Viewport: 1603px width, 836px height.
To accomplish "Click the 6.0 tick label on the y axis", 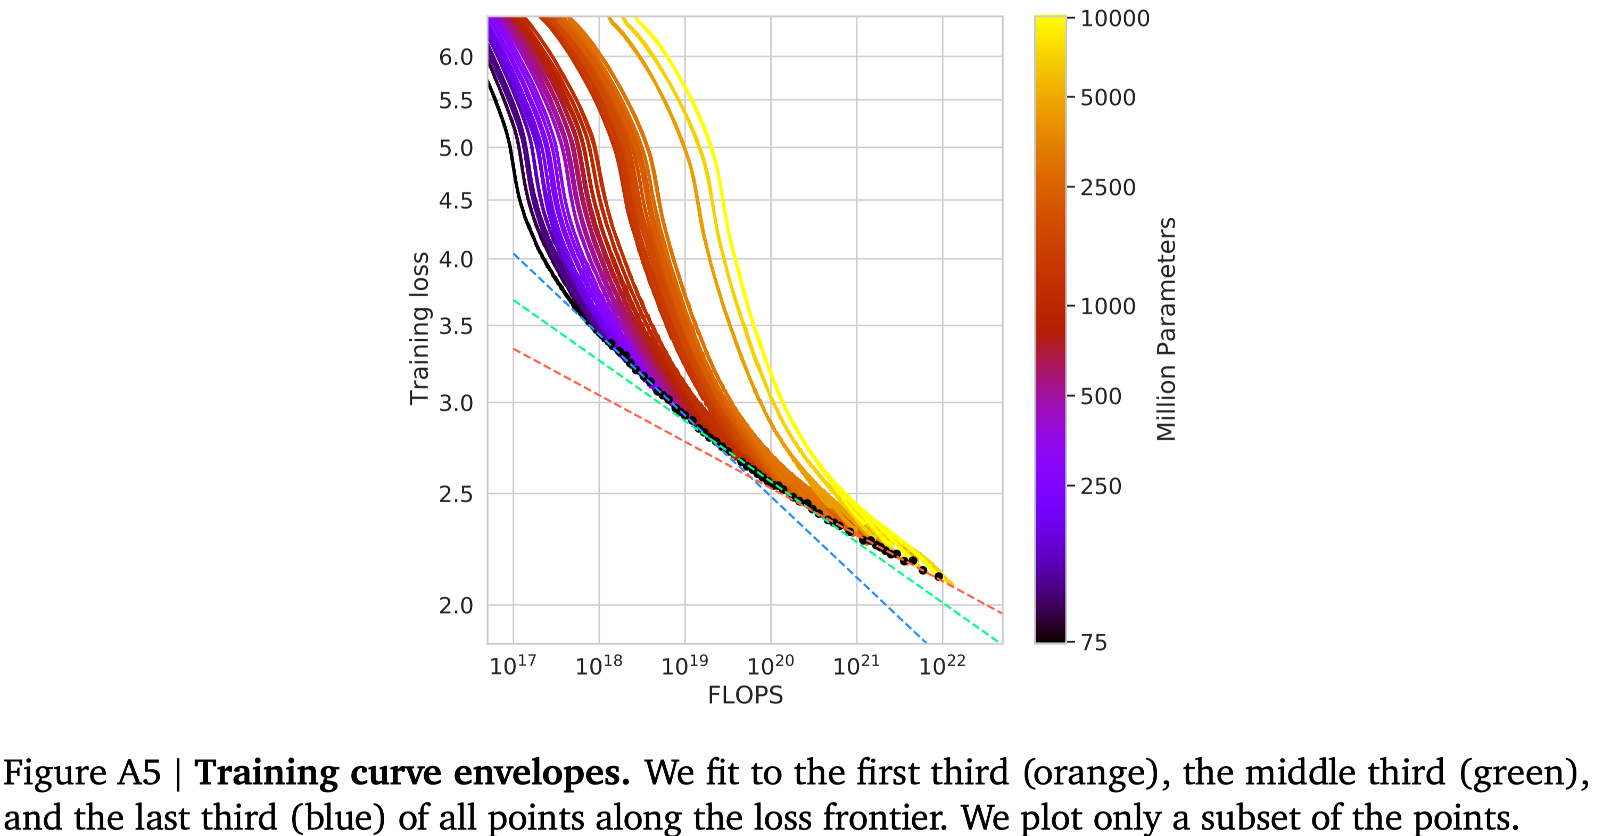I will [456, 58].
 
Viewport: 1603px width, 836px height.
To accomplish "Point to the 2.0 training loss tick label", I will [456, 605].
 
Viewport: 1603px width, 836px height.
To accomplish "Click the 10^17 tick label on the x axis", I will [512, 666].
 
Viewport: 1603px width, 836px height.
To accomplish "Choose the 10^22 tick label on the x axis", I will [941, 666].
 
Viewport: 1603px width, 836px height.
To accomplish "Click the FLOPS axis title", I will [745, 695].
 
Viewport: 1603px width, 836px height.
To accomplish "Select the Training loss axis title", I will [419, 329].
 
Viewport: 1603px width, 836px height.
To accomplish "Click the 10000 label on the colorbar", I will [1114, 19].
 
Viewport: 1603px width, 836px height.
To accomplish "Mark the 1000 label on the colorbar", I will [1108, 306].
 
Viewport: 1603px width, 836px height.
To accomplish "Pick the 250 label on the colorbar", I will [1100, 486].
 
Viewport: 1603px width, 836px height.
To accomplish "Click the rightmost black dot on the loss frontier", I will [938, 577].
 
